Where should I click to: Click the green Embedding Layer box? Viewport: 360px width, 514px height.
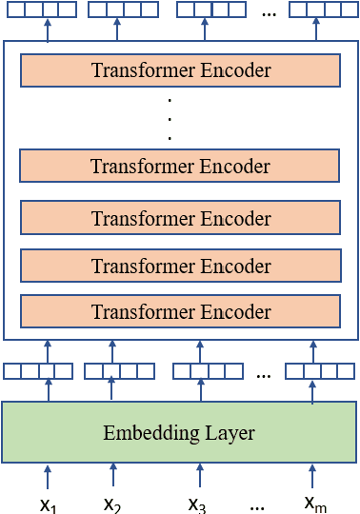pos(179,432)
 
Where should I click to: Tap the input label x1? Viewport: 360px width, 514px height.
pos(49,505)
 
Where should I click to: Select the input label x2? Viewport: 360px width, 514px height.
pos(112,504)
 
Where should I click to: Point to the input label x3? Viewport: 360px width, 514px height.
pos(197,504)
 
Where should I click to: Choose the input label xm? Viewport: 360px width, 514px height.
pos(315,503)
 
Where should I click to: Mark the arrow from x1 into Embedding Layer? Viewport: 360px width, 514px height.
pos(48,478)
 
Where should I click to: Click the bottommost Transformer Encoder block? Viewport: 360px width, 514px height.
pos(180,311)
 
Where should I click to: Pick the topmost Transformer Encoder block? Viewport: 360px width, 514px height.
pos(180,70)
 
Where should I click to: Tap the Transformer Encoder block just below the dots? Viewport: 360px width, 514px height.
pos(180,166)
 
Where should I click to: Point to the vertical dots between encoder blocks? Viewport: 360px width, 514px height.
pos(169,118)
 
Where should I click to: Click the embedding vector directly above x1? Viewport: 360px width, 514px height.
pos(38,371)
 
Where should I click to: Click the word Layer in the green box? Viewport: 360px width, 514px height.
pos(231,433)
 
